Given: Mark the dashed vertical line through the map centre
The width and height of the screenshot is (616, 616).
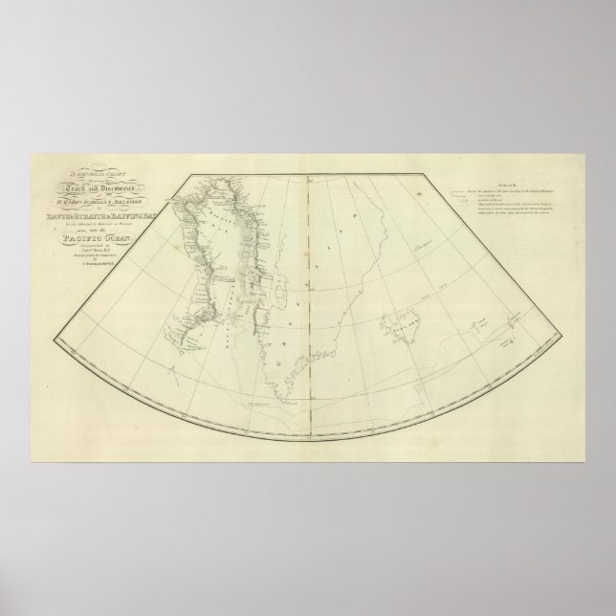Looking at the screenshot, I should coord(307,287).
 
